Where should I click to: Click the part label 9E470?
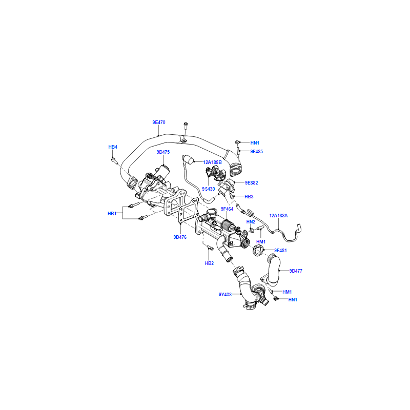click(159, 122)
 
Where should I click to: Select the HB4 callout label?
click(113, 147)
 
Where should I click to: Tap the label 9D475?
click(163, 152)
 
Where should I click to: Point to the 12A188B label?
click(212, 162)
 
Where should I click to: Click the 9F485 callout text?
click(257, 151)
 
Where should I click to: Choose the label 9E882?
click(251, 183)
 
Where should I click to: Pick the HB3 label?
click(249, 197)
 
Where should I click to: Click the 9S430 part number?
click(209, 189)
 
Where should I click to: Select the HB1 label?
click(112, 214)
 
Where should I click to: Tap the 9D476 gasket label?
click(180, 237)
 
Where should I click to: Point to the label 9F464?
click(227, 209)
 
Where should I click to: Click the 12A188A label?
click(278, 216)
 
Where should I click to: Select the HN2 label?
click(251, 222)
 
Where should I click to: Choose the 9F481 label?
click(280, 251)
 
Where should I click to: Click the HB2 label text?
click(209, 263)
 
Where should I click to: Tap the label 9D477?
click(296, 271)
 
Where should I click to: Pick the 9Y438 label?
click(225, 294)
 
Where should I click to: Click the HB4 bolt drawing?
click(114, 160)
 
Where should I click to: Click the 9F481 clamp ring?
click(258, 250)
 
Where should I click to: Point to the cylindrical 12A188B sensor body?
click(189, 159)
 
